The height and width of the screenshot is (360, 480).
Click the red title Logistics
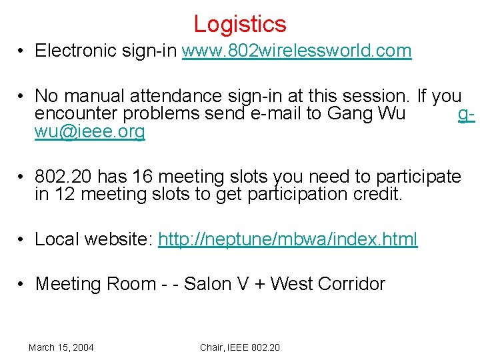pos(240,24)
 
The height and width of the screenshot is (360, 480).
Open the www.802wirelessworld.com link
pos(297,51)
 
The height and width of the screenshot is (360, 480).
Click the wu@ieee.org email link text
pos(89,131)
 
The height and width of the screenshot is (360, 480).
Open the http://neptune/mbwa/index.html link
pos(287,239)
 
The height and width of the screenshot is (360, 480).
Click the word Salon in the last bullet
pos(207,284)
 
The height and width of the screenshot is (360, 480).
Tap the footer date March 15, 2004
pos(61,347)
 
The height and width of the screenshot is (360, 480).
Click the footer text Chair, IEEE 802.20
pos(240,347)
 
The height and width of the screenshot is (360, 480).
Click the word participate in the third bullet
pos(418,177)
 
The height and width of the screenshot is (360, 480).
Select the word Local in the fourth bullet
pos(57,239)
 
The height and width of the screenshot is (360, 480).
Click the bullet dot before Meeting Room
pos(22,285)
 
